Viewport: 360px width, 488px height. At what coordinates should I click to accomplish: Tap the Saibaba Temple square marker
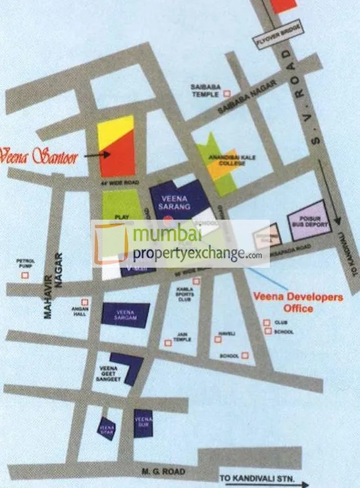(228, 93)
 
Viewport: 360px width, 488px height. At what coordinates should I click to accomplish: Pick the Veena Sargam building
(125, 313)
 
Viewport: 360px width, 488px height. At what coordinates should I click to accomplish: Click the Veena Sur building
(143, 424)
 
